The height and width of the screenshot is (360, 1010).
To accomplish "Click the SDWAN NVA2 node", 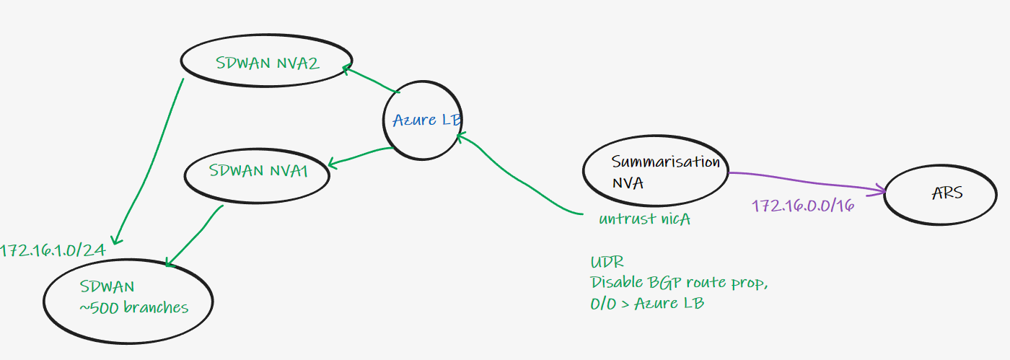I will pyautogui.click(x=266, y=63).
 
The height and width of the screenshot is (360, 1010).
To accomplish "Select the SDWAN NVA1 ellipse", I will pyautogui.click(x=258, y=172).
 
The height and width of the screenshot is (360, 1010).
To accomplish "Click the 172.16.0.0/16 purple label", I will pyautogui.click(x=803, y=206).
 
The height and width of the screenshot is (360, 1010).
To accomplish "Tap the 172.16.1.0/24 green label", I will pyautogui.click(x=52, y=250).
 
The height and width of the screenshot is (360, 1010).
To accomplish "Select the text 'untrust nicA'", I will pyautogui.click(x=644, y=219).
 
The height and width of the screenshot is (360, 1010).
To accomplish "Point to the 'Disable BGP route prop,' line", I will pyautogui.click(x=679, y=283).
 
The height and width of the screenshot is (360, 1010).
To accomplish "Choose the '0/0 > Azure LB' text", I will pyautogui.click(x=646, y=303).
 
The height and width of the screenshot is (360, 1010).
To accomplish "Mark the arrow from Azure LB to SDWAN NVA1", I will pyautogui.click(x=361, y=157).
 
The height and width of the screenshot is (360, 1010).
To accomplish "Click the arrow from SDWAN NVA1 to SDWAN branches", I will pyautogui.click(x=195, y=234).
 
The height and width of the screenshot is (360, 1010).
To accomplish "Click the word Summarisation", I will pyautogui.click(x=665, y=162).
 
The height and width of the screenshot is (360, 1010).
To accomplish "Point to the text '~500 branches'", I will pyautogui.click(x=134, y=308).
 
